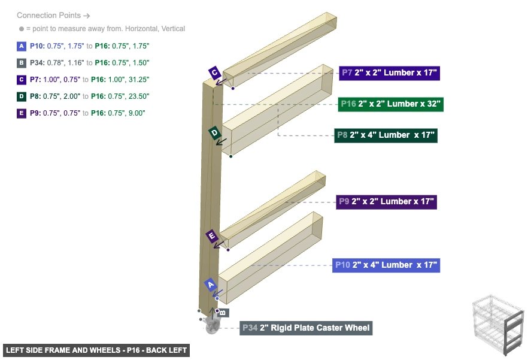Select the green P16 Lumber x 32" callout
coord(390,104)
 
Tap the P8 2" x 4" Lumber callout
coord(386,135)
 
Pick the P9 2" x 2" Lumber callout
coord(386,202)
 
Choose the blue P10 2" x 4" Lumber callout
coord(386,265)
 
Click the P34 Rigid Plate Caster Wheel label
coord(306,328)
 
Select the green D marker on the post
coord(214,132)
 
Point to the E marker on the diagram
coord(211,235)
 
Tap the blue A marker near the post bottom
coord(210,285)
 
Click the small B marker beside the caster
coord(222,312)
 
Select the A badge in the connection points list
coord(22,46)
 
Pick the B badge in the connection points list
coord(22,62)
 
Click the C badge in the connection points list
coord(22,79)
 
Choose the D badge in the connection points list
coord(22,96)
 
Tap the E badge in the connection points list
coord(22,113)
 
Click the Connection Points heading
coord(53,16)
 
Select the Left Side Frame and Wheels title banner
coord(96,350)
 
